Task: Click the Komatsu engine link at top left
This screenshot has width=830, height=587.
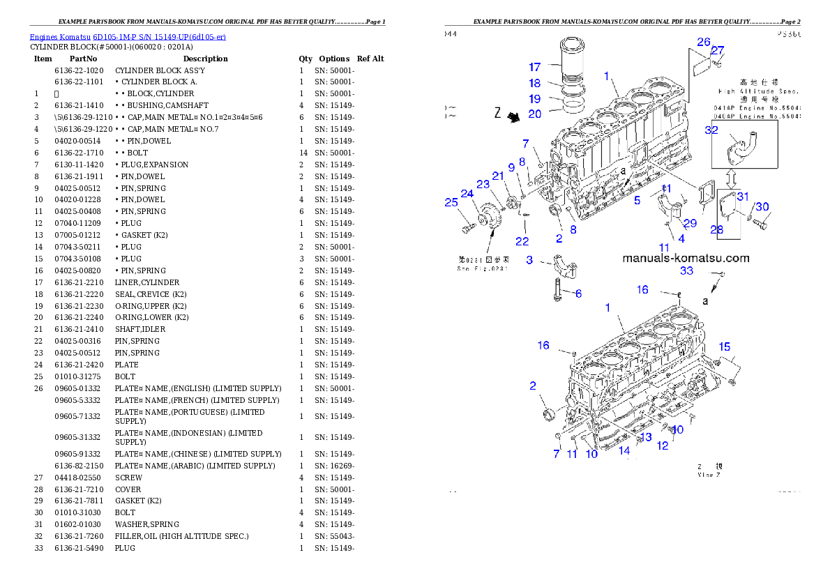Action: (x=128, y=36)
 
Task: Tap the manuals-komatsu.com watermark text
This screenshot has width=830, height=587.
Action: (x=686, y=258)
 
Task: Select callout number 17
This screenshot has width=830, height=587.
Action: (x=534, y=68)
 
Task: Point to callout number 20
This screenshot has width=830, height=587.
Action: (x=534, y=114)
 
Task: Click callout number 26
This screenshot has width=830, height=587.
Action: (x=704, y=42)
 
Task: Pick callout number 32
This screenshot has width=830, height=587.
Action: (x=711, y=130)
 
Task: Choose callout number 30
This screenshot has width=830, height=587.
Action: (x=762, y=206)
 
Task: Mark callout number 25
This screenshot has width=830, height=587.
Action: (x=452, y=203)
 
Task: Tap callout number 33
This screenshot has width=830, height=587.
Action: (x=686, y=270)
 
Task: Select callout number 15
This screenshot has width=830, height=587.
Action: (x=725, y=346)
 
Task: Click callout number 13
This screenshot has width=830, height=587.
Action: (x=646, y=436)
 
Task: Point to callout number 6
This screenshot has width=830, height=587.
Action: (x=578, y=293)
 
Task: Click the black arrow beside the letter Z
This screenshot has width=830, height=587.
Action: (x=515, y=117)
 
